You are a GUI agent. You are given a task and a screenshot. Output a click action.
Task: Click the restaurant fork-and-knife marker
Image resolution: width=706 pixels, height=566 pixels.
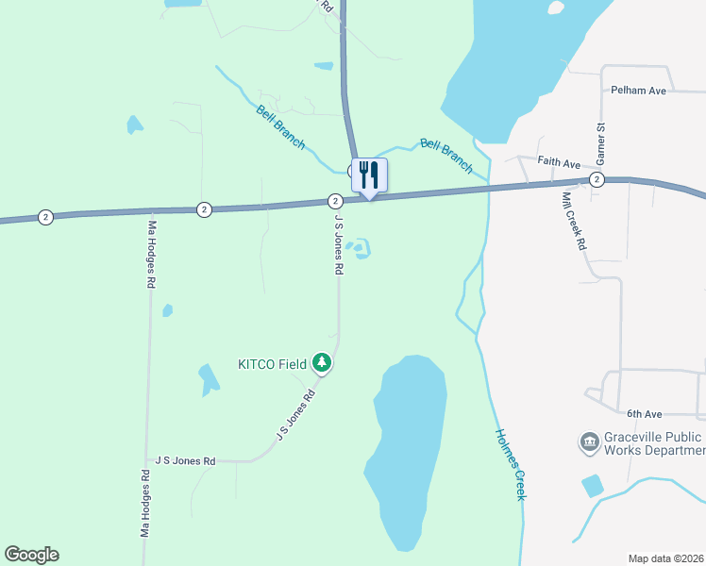coord(369,175)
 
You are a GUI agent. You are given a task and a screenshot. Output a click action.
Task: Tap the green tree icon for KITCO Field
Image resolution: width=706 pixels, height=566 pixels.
coord(322,362)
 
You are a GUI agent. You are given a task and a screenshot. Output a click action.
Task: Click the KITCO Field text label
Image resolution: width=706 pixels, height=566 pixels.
coord(271,363)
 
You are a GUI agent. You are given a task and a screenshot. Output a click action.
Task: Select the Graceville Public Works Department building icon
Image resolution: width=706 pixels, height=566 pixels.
coord(590,441)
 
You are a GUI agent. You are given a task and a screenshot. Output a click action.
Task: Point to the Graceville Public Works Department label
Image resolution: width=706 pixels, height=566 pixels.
coord(652,443)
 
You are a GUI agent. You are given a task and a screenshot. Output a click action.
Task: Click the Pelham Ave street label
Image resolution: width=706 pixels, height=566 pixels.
coord(639,91)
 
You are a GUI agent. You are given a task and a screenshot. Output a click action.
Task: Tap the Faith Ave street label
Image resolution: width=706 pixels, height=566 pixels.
coord(559,162)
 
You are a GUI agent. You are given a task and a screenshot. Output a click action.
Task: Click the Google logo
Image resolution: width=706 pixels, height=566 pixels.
coord(31,555)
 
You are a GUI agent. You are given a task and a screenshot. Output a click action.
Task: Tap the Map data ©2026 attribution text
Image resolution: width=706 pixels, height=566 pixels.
coord(664,558)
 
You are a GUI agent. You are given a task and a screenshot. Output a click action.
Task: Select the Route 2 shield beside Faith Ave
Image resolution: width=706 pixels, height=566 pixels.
coord(597,179)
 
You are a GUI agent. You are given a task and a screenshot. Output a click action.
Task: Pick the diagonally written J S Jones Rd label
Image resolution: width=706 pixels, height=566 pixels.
coord(294,415)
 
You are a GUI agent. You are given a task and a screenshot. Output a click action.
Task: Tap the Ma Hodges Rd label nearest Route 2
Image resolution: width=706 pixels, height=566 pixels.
coord(151,255)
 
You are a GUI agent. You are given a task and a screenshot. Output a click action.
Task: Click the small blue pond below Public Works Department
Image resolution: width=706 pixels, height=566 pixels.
coord(593,486)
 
